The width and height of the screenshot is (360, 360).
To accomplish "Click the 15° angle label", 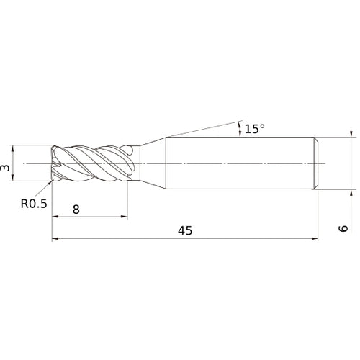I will click(255, 129).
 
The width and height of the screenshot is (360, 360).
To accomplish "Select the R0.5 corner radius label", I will click(33, 204).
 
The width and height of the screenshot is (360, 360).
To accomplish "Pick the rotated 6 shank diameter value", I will click(343, 228).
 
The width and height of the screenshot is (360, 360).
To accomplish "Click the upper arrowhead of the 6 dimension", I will click(351, 134).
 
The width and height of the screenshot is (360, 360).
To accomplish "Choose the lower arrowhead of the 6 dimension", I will click(351, 194).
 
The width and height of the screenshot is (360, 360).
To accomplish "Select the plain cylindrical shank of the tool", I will click(238, 164).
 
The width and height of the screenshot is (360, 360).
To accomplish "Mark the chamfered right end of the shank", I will click(315, 164).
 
